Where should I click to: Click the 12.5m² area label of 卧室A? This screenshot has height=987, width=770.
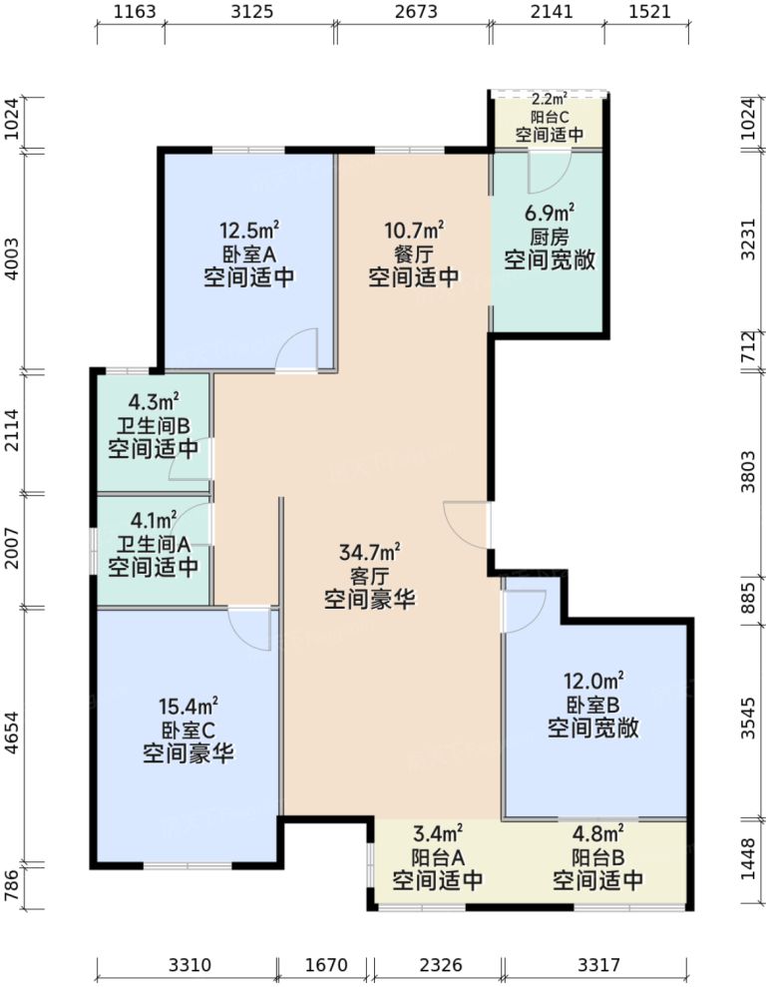(248, 229)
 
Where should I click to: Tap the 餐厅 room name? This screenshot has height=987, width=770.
(414, 253)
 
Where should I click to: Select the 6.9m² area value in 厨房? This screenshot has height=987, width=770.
(550, 213)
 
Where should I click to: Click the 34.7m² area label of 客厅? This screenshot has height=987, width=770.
(370, 552)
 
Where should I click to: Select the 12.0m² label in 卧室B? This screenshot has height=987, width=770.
(593, 682)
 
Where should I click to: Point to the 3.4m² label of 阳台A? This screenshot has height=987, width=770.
(437, 833)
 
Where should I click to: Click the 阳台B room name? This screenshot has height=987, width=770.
(597, 857)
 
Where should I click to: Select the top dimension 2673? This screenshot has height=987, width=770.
(412, 13)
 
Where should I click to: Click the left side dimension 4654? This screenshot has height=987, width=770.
(12, 737)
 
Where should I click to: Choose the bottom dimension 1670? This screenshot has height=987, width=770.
(325, 966)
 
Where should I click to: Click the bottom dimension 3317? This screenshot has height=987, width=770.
(597, 966)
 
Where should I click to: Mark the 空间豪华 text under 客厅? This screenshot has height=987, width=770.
(370, 601)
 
